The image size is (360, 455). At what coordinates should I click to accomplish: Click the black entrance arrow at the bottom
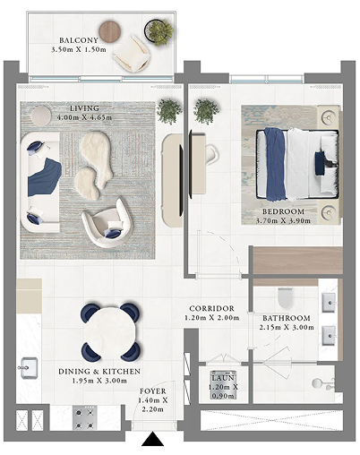[x=152, y=439]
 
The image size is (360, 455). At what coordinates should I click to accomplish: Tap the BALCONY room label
[x=79, y=40]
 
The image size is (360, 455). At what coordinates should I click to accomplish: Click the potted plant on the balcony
[x=159, y=31]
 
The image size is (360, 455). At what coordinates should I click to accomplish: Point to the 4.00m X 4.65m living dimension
[x=84, y=117]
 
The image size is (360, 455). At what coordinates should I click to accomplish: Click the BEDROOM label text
[x=283, y=211]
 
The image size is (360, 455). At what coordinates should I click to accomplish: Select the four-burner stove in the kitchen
[x=84, y=418]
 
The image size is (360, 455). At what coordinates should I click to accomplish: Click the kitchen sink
[x=29, y=368]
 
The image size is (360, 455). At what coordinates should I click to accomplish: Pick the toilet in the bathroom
[x=285, y=297]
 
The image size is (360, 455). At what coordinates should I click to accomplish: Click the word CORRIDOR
[x=212, y=308]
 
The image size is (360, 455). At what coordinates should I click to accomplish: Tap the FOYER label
[x=153, y=391]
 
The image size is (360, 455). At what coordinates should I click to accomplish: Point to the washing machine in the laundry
[x=223, y=385]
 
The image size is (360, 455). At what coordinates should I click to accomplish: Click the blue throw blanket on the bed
[x=275, y=164]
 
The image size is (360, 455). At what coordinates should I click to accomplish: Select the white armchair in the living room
[x=107, y=222]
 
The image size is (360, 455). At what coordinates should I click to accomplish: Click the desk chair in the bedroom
[x=211, y=154]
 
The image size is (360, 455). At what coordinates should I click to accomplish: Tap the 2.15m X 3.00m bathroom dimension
[x=287, y=327]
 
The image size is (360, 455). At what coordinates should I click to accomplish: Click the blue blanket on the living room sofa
[x=44, y=178]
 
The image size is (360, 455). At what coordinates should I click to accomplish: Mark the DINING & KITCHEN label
[x=99, y=372]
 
